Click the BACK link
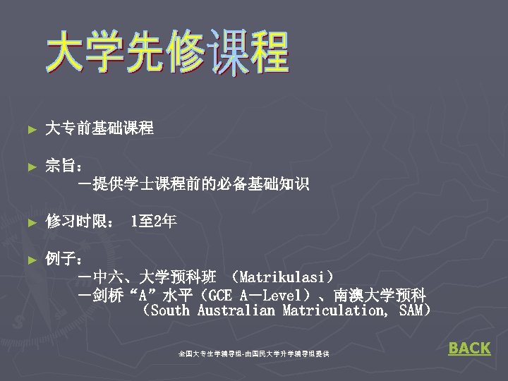(x=469, y=348)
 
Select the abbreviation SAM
(x=410, y=310)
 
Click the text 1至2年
(x=154, y=222)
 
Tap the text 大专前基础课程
(x=99, y=128)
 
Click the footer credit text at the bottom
(x=253, y=352)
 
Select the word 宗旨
(x=61, y=167)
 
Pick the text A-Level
(x=271, y=294)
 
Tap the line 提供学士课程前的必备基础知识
(x=198, y=185)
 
